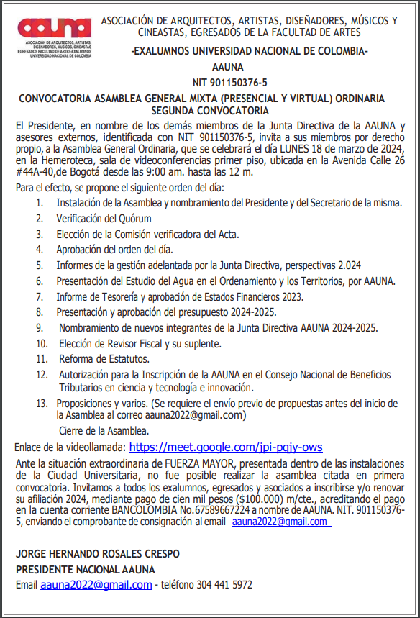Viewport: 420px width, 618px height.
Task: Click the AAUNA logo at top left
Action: click(x=55, y=29)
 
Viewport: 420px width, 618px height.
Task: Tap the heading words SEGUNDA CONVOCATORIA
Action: click(x=210, y=111)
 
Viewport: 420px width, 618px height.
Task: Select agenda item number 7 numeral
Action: click(x=40, y=296)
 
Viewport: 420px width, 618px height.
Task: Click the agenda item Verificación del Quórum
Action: click(x=104, y=218)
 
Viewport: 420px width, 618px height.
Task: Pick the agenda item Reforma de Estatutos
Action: click(x=104, y=358)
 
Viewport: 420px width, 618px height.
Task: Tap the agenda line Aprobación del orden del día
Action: click(x=115, y=250)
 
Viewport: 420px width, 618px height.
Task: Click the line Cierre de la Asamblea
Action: click(x=105, y=431)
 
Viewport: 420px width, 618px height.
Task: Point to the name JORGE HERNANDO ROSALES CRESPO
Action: click(x=98, y=554)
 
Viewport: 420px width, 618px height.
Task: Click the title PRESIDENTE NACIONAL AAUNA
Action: click(x=86, y=569)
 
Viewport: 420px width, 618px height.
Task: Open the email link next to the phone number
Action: click(x=96, y=585)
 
